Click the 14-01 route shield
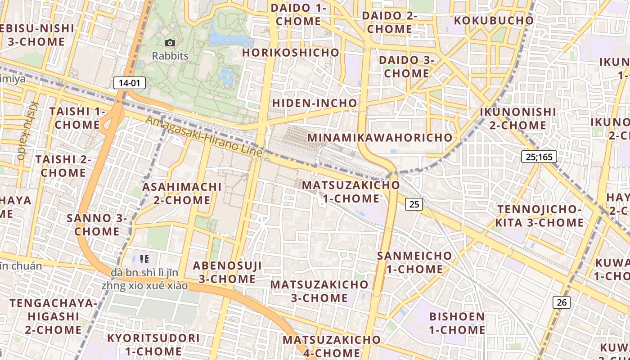pos(130,83)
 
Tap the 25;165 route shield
pos(539,157)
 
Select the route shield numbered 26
pos(562,302)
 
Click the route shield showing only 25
pos(414,204)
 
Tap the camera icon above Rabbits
pos(170,43)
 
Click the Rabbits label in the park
pos(170,56)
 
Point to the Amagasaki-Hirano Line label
pos(203,136)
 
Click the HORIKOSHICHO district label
pos(291,53)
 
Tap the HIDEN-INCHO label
pos(315,103)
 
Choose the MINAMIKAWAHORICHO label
pos(380,137)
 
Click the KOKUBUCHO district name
pos(494,21)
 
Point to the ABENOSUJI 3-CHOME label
pos(227,272)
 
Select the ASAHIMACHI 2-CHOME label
pos(182,193)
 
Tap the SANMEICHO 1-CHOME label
pos(414,262)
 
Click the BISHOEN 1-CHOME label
pos(457,323)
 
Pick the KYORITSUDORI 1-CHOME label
pos(153,345)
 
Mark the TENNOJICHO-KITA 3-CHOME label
pos(540,216)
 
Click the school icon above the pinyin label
pos(144,259)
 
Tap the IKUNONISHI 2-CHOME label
pos(517,118)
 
